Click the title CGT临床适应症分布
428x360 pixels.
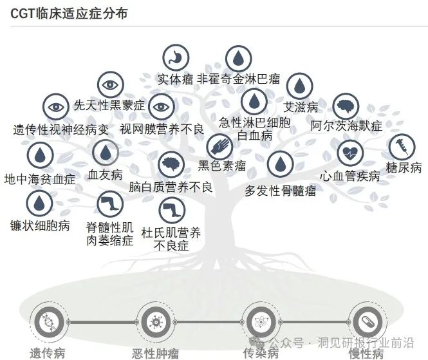coord(69,13)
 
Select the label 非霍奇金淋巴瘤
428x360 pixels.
coord(238,79)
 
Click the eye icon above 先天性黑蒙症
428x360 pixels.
coord(110,84)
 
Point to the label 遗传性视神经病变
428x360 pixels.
coord(62,129)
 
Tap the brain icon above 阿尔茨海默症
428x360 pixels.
coord(346,106)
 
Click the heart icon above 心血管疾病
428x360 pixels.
coord(351,153)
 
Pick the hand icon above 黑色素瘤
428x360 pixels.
coord(219,147)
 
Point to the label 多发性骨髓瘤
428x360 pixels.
coord(281,190)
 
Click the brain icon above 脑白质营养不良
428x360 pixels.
coord(171,165)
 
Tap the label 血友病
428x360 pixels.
coord(105,175)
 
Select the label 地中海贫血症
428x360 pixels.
coord(40,178)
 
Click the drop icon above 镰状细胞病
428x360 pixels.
coord(40,204)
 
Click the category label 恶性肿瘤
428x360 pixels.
coord(155,352)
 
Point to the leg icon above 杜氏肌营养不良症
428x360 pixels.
coord(171,209)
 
